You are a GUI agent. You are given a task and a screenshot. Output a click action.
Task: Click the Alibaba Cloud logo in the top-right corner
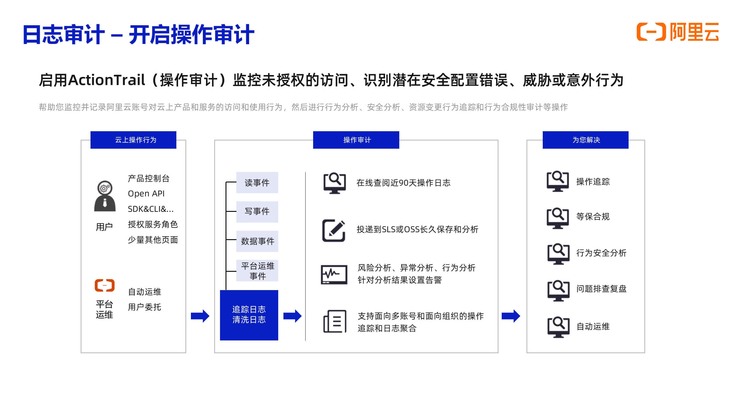[677, 32]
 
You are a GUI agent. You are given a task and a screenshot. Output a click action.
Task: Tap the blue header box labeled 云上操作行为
[133, 140]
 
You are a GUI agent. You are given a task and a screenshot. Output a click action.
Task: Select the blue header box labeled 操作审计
[356, 140]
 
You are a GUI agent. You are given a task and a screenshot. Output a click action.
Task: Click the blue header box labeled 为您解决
[586, 140]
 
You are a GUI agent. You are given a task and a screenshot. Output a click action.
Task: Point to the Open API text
[146, 193]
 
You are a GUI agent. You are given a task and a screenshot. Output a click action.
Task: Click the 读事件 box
[257, 182]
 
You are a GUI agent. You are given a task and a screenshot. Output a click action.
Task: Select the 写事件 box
[257, 212]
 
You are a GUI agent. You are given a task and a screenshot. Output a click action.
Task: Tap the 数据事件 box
[257, 241]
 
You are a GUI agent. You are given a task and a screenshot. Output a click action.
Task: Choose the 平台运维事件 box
[257, 271]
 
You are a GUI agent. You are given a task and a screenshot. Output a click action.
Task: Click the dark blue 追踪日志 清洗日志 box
[249, 315]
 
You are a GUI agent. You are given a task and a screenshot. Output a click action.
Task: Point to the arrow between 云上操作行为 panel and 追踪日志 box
[200, 316]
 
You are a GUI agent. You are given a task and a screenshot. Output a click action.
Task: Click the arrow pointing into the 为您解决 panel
[511, 316]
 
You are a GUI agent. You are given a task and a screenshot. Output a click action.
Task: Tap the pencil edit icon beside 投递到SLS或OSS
[334, 230]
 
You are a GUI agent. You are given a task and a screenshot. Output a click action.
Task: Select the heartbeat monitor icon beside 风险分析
[334, 274]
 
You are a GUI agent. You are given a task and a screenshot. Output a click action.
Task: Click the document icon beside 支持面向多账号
[335, 322]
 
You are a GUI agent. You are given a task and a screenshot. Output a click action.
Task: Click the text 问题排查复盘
[601, 289]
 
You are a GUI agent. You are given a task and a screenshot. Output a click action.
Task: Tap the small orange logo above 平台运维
[105, 285]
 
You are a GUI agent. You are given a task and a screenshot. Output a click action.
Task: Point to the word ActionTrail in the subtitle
[106, 80]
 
